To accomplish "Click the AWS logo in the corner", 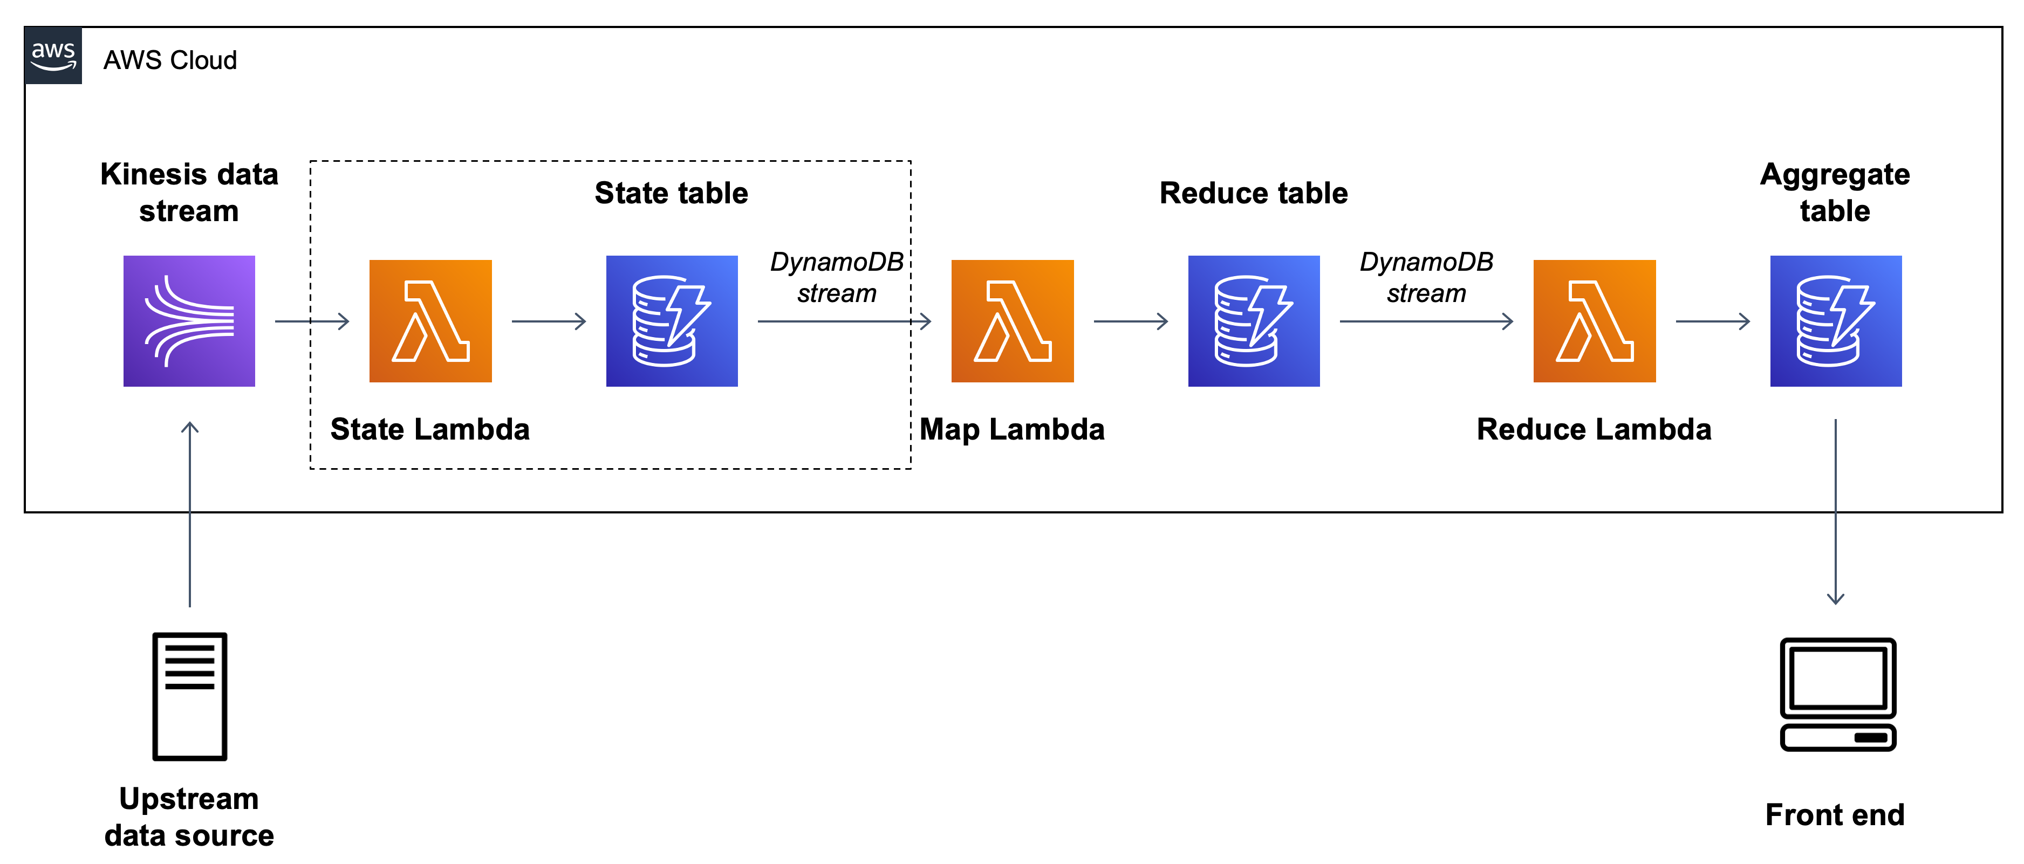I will click(x=53, y=56).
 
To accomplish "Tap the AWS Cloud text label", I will click(x=170, y=60).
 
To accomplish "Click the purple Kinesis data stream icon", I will click(x=189, y=320).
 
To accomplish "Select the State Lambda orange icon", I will click(x=430, y=320).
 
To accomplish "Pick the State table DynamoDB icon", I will click(x=671, y=320).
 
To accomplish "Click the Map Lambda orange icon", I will click(x=1012, y=320).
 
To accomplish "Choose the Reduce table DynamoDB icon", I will click(x=1253, y=320).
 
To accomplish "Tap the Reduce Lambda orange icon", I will click(x=1594, y=320).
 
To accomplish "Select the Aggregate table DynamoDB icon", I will click(x=1835, y=320).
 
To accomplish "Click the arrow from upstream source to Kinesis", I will click(x=189, y=515).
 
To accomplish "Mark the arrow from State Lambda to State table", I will click(x=549, y=321).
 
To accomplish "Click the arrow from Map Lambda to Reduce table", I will click(x=1130, y=321).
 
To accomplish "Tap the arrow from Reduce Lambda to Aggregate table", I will click(x=1712, y=321).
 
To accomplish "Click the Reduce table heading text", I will click(x=1253, y=193).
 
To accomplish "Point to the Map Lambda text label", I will click(x=1012, y=430).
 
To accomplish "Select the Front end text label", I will click(x=1835, y=814).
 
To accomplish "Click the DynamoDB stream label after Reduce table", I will click(x=1426, y=277).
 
